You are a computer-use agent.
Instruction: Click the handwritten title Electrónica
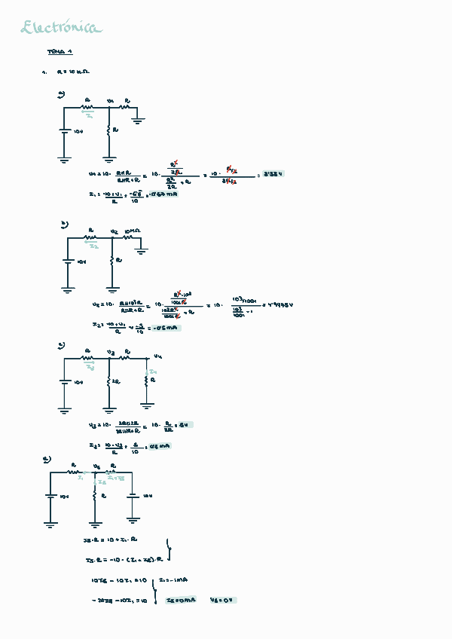61,29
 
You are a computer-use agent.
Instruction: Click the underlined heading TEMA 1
60,52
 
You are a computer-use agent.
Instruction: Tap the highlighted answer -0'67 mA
163,194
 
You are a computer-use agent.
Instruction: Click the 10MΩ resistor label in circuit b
133,231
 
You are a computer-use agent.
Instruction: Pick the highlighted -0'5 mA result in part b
165,328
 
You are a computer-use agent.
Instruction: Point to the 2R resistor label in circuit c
115,382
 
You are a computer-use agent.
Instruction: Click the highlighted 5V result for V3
183,425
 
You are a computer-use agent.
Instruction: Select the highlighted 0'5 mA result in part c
159,446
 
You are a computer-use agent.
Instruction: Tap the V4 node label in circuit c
157,356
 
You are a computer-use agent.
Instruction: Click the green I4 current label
151,371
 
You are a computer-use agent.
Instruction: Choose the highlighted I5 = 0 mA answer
181,601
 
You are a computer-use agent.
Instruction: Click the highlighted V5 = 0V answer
223,601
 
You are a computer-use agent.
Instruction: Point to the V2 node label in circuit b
114,231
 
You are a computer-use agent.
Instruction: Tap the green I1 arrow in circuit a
90,116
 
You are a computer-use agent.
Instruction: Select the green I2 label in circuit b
93,246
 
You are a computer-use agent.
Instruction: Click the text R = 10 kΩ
73,72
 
